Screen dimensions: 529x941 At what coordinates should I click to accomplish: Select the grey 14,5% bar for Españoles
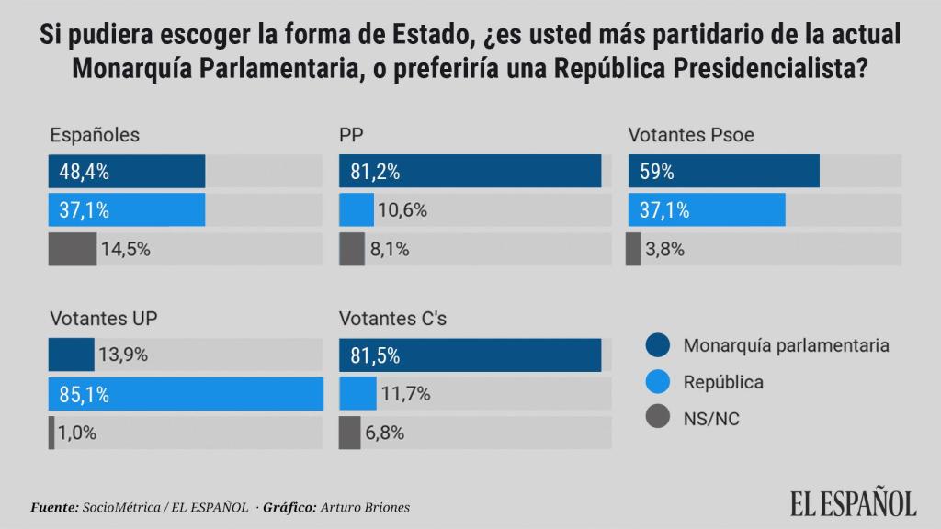(x=72, y=249)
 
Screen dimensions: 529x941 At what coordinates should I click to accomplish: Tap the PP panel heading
(x=350, y=134)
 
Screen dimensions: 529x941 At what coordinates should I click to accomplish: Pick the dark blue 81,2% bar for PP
(x=470, y=172)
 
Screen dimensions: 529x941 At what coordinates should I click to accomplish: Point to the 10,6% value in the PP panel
(x=402, y=210)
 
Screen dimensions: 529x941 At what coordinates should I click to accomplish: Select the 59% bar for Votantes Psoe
(x=722, y=172)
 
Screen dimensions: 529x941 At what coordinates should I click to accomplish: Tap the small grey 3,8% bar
(x=633, y=249)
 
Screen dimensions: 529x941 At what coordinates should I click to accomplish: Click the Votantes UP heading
(x=106, y=319)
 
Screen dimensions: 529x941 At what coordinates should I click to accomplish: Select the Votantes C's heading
(x=392, y=319)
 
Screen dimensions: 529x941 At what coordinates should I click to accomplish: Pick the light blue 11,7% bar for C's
(x=357, y=395)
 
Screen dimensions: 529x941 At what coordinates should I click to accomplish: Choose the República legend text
(x=723, y=381)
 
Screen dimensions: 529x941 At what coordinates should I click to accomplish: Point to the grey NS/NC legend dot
(x=656, y=418)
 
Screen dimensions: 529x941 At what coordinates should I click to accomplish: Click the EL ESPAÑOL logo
(x=854, y=502)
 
